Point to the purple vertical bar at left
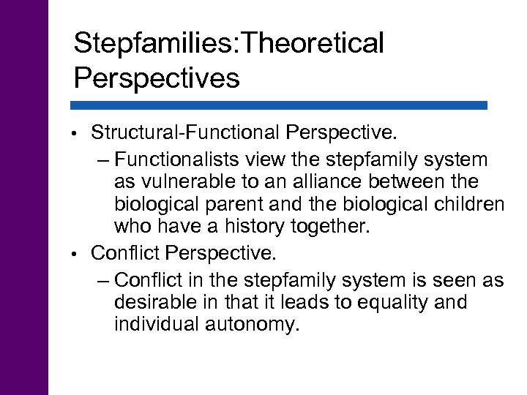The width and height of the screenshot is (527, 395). click(23, 197)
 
